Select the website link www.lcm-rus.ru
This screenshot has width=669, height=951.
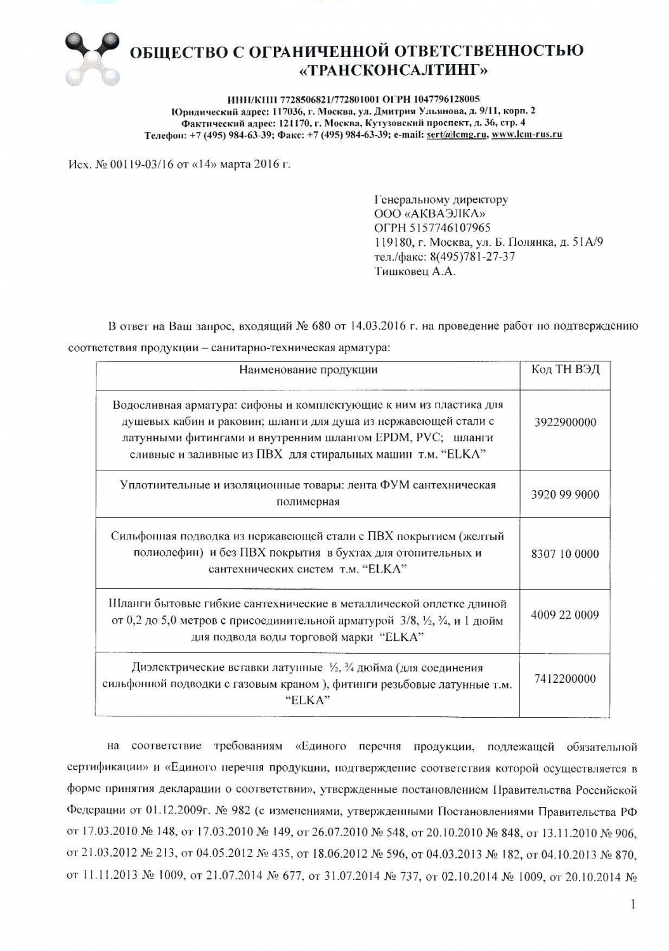[x=526, y=135]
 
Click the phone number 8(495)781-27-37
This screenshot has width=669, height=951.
[x=472, y=257]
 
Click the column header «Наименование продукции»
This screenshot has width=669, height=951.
[x=308, y=370]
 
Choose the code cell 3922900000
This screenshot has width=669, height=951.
[x=564, y=423]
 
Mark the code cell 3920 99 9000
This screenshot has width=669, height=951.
[x=564, y=495]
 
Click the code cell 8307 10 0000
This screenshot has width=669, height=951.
[x=564, y=553]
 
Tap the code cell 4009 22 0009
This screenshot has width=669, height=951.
[x=564, y=614]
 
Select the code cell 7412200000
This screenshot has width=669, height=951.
[x=564, y=679]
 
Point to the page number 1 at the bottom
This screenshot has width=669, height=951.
[x=632, y=905]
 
